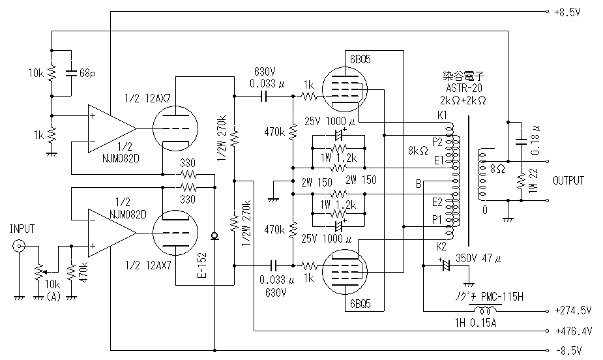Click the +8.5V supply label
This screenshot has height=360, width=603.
[x=567, y=12]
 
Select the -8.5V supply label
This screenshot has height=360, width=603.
[x=567, y=350]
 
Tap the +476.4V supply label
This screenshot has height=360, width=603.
[x=574, y=331]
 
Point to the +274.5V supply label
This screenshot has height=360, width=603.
[x=574, y=310]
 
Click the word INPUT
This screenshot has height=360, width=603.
[x=22, y=228]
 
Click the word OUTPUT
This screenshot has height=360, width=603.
[x=568, y=180]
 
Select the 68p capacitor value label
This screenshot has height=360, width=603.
[x=86, y=73]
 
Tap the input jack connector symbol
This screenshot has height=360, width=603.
[x=20, y=247]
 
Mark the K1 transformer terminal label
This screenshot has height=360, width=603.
[x=443, y=115]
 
